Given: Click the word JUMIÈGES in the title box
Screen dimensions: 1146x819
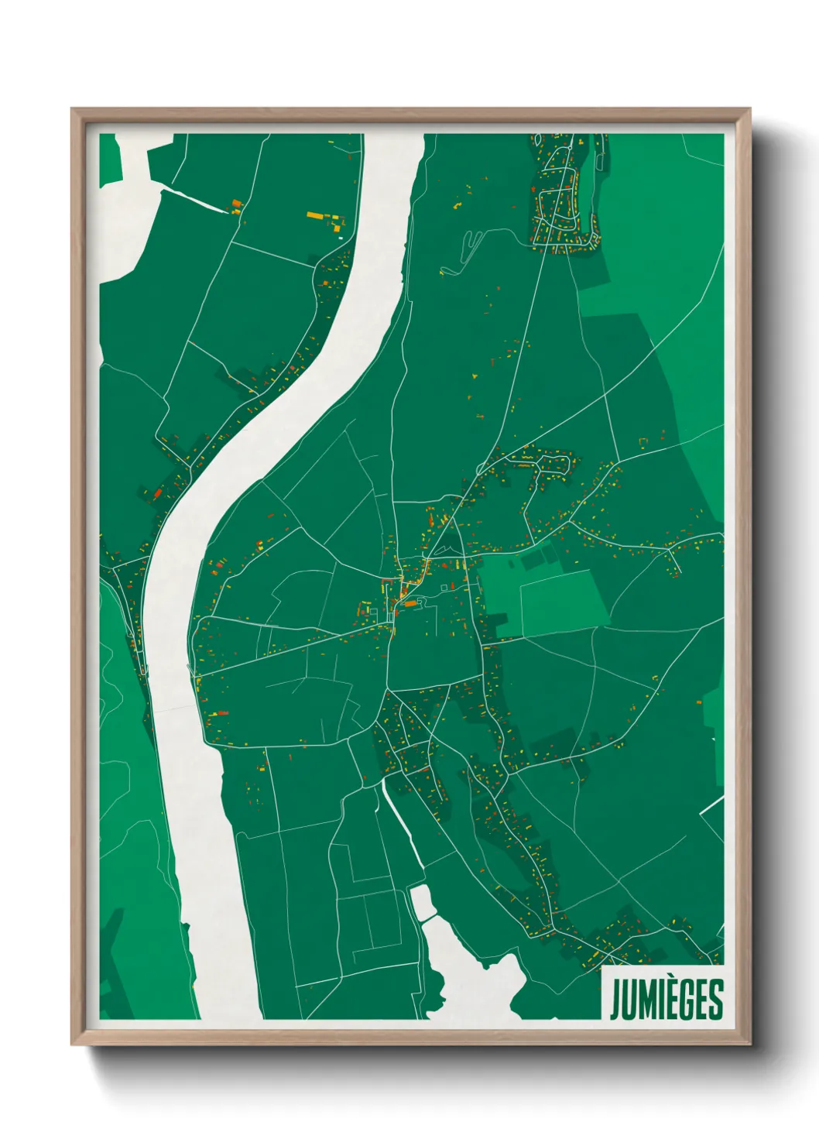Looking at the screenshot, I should click(666, 1000).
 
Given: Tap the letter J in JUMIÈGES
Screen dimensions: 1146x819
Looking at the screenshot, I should click(615, 1000).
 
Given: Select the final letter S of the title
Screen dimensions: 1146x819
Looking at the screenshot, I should click(716, 1000).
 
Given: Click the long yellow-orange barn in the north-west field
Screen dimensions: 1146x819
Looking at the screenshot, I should click(318, 215).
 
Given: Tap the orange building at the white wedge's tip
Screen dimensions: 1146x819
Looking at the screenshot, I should click(237, 205).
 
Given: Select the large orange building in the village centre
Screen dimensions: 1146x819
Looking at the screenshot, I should click(410, 603).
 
